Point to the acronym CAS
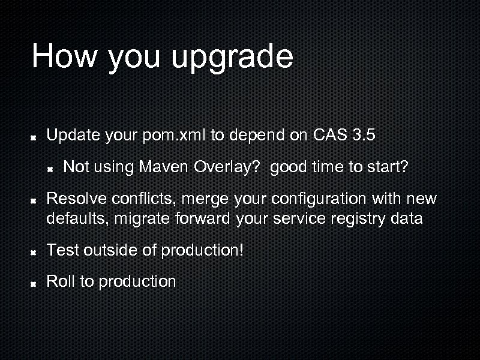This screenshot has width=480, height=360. click(329, 135)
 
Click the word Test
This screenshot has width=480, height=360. click(62, 250)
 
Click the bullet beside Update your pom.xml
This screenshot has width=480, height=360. click(35, 137)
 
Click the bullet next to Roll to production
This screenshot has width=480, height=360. click(35, 283)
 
